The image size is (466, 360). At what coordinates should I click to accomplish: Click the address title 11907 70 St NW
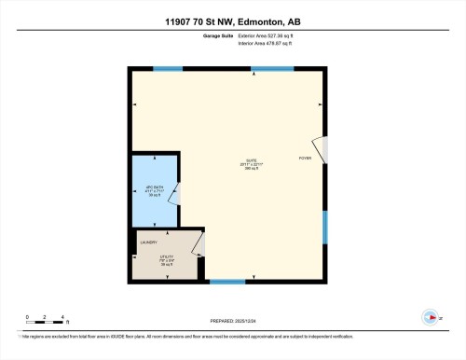[232, 21]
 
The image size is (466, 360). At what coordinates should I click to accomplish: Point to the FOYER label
[305, 159]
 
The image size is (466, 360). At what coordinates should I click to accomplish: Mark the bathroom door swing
[178, 192]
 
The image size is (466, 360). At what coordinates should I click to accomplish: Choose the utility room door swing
[198, 244]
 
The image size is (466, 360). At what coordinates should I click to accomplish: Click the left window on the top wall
[168, 69]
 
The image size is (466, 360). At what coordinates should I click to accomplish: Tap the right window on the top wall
[273, 69]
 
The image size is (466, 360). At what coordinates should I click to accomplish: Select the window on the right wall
[325, 227]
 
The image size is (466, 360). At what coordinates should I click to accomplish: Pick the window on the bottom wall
[227, 282]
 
